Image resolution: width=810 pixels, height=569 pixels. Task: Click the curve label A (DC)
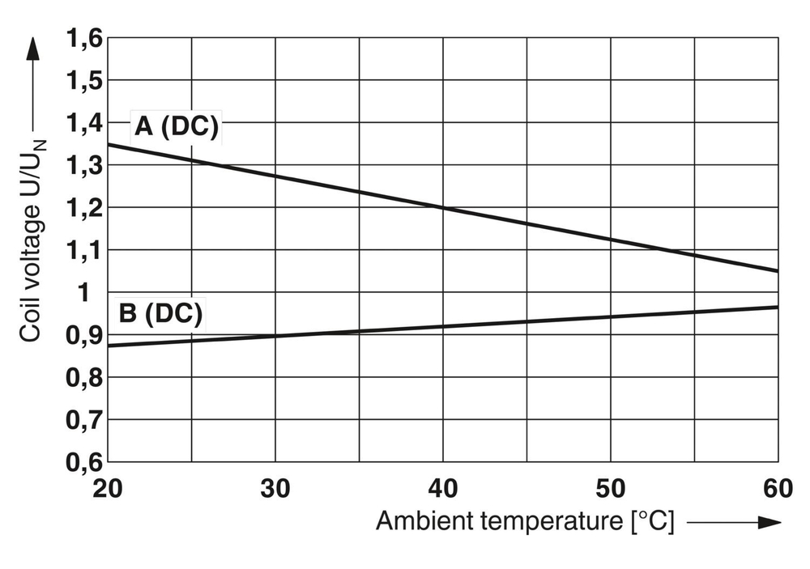(176, 128)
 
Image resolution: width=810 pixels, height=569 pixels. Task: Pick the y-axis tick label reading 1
(93, 292)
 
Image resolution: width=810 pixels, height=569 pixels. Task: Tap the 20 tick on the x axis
(109, 489)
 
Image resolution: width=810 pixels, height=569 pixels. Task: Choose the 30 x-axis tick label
(275, 489)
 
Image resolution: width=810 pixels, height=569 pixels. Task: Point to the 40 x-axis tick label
(442, 489)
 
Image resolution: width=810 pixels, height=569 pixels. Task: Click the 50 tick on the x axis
(609, 489)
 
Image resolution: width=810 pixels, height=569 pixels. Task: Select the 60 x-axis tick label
(776, 489)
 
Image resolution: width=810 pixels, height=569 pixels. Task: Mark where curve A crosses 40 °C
(442, 207)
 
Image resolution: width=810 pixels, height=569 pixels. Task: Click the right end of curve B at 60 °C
(777, 308)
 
